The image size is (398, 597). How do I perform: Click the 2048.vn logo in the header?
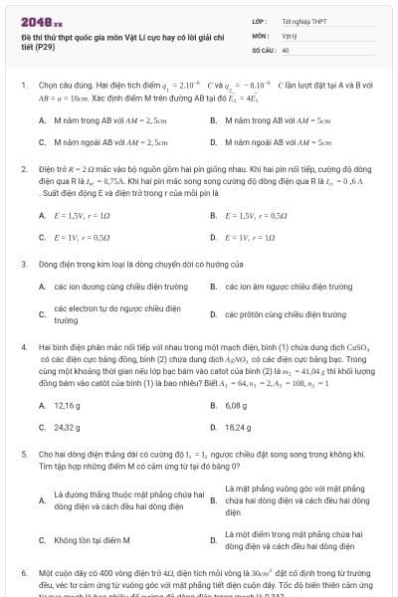[41, 22]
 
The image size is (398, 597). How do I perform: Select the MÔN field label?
[258, 34]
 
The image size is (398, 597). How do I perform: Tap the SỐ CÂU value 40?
[286, 48]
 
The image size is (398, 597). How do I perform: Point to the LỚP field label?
[258, 20]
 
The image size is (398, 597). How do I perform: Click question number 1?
[23, 86]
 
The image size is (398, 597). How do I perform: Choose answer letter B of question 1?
[214, 120]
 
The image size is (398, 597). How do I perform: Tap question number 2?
[23, 169]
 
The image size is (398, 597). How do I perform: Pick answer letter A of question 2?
[43, 215]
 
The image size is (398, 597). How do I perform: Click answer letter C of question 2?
[43, 237]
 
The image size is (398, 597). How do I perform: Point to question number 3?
[23, 264]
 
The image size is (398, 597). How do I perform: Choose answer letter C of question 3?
[43, 314]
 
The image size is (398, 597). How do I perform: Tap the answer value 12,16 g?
[67, 405]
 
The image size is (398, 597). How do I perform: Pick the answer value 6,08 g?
[236, 405]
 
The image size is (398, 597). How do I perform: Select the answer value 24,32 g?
[67, 427]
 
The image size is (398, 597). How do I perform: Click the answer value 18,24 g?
[238, 427]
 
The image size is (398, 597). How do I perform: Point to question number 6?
[23, 574]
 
